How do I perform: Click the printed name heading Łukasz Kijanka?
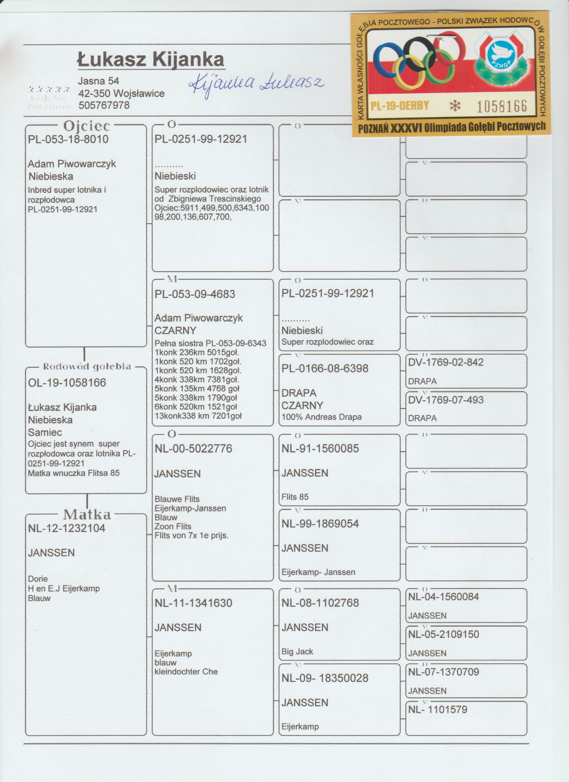pyautogui.click(x=151, y=60)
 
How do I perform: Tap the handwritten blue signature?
pyautogui.click(x=256, y=84)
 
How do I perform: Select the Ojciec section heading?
pyautogui.click(x=86, y=126)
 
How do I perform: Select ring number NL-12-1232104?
pyautogui.click(x=66, y=528)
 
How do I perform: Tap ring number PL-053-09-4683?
pyautogui.click(x=195, y=294)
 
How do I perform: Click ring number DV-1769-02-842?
pyautogui.click(x=446, y=362)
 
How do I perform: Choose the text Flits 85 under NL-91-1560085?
pyautogui.click(x=295, y=497)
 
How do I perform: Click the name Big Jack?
pyautogui.click(x=297, y=651)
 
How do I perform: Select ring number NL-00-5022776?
pyautogui.click(x=193, y=449)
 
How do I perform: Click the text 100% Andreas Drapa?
pyautogui.click(x=321, y=417)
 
